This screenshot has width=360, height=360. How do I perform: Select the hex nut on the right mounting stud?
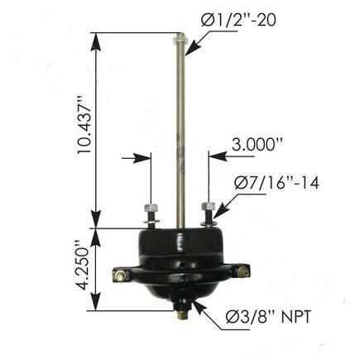pos(207,206)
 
